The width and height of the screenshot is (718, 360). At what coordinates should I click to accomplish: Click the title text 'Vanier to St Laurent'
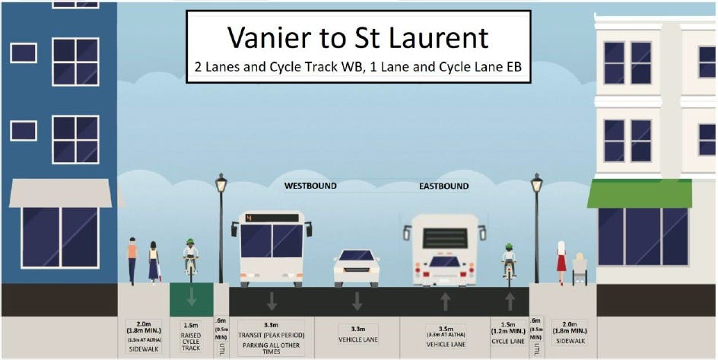coord(357,37)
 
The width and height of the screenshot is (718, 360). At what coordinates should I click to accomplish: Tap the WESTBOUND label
coord(310,186)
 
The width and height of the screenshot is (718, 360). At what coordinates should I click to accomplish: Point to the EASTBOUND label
coord(443,186)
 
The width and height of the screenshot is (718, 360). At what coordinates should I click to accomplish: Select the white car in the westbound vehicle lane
coord(357,267)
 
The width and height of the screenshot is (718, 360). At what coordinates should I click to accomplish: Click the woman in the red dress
coord(561,262)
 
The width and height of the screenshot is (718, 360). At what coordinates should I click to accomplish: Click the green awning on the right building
coord(639,193)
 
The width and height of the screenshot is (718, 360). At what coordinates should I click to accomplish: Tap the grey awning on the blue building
coord(60,193)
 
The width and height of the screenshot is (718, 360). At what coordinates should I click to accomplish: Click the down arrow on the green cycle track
coord(191,297)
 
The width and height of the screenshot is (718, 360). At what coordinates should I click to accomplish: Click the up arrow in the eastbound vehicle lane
coord(445,301)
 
